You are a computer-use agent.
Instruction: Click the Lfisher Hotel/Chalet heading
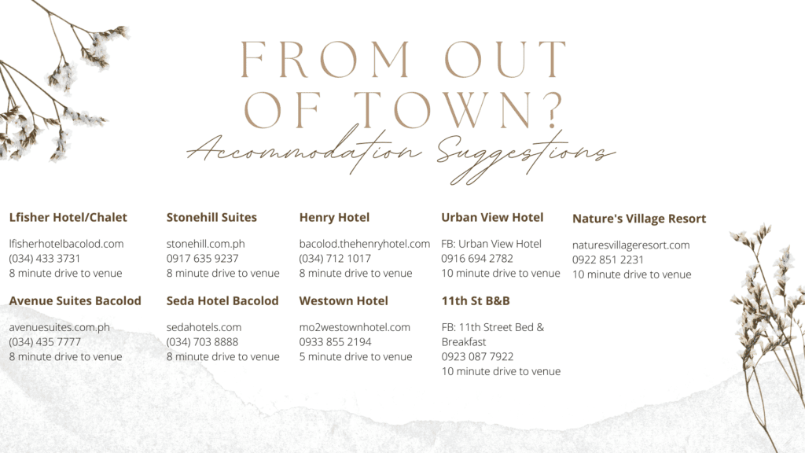(x=68, y=218)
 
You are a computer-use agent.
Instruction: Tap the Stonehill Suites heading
(x=211, y=218)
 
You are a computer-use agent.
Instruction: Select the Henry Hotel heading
(x=334, y=218)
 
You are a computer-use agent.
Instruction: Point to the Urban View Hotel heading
(x=492, y=218)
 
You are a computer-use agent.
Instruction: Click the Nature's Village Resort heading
(x=639, y=219)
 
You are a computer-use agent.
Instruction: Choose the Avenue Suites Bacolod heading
(x=75, y=301)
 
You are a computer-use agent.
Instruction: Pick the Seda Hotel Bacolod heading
(x=222, y=301)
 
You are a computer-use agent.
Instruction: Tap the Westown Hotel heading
(x=344, y=301)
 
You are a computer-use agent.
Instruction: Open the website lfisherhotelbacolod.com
(x=66, y=244)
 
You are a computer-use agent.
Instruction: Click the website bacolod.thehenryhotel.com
(x=365, y=244)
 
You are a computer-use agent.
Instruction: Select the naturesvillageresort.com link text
(x=631, y=245)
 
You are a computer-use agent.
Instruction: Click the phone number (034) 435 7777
(x=45, y=342)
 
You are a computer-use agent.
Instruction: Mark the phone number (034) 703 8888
(x=202, y=342)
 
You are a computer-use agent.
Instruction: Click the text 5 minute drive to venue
(x=355, y=357)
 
